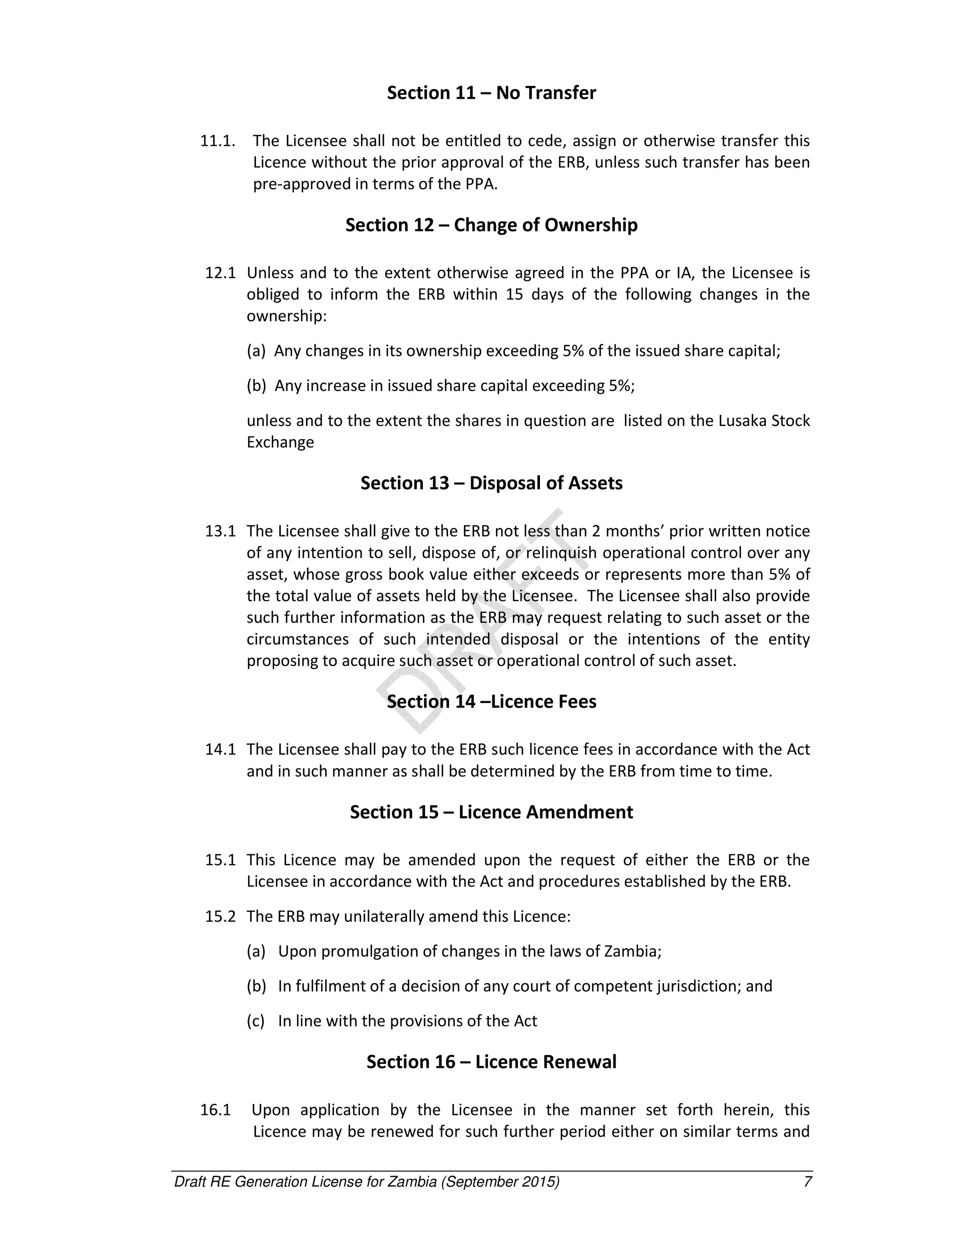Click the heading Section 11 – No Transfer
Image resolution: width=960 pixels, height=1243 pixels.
(491, 93)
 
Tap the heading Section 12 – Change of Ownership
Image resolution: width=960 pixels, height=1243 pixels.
(491, 225)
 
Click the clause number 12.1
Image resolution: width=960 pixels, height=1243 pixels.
(220, 273)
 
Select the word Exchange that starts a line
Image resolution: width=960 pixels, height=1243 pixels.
(280, 442)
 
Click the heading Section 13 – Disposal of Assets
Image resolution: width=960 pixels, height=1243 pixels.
(491, 483)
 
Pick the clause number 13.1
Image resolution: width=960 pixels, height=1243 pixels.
(220, 531)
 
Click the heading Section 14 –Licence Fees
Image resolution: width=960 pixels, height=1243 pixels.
(491, 702)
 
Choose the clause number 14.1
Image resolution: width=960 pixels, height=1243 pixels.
(220, 750)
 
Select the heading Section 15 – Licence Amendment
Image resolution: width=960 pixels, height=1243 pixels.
(491, 812)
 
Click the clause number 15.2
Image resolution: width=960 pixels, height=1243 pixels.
(220, 917)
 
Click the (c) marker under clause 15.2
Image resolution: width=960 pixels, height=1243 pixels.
(256, 1021)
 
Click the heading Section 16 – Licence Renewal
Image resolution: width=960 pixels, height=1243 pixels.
(491, 1062)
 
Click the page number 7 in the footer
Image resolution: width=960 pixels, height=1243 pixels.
(807, 1182)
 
